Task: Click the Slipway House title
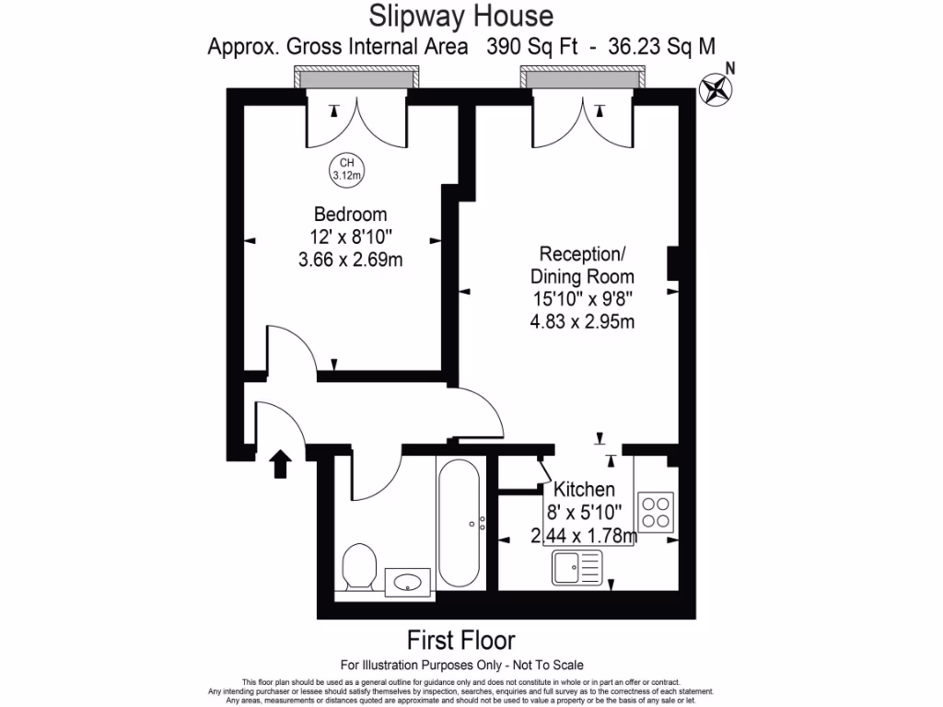(x=460, y=16)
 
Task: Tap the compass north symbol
(x=715, y=89)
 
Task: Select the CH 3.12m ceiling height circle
(x=347, y=169)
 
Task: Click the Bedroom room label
(x=350, y=214)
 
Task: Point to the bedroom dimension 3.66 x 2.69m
(x=350, y=260)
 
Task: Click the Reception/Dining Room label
(x=582, y=265)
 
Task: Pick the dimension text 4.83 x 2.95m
(x=582, y=321)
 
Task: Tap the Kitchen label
(x=583, y=489)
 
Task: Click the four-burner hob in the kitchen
(x=656, y=512)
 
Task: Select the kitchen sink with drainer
(x=576, y=567)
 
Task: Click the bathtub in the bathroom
(x=459, y=523)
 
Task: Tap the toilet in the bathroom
(x=359, y=567)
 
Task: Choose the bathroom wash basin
(x=408, y=582)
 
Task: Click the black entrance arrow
(x=280, y=464)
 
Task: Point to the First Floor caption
(x=460, y=641)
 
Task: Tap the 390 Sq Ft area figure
(x=531, y=46)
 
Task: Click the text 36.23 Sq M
(x=661, y=46)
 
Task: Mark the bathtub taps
(x=482, y=523)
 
